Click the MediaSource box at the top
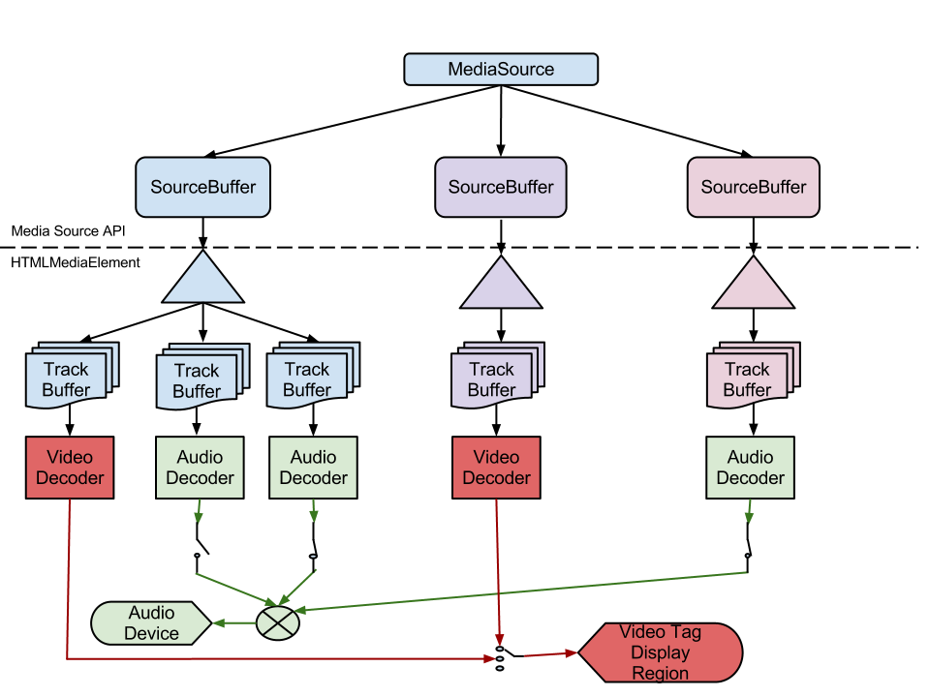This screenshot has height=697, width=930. point(501,70)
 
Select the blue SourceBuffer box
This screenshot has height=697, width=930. point(202,187)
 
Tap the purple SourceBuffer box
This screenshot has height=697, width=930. point(501,187)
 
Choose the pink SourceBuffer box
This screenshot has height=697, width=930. point(754,187)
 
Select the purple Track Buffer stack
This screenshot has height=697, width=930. point(494,379)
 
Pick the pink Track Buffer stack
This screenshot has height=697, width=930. point(750,379)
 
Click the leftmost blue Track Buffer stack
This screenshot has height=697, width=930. point(69,379)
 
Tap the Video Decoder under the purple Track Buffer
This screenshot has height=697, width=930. point(496,468)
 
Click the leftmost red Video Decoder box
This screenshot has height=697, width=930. point(70,468)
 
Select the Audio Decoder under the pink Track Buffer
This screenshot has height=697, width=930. point(750,468)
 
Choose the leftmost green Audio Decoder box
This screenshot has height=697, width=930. point(200,468)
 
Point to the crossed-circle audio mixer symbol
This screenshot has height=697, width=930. point(278,622)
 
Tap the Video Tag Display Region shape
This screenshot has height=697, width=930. point(661,652)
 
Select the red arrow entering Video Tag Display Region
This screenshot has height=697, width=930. point(552,654)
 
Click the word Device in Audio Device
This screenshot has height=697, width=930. point(152,634)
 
